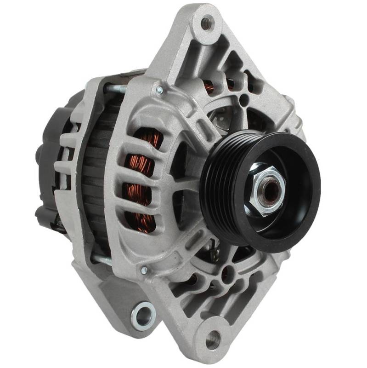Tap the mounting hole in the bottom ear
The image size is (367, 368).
pyautogui.click(x=213, y=340)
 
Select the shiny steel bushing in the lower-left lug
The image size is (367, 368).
pyautogui.click(x=143, y=316)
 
